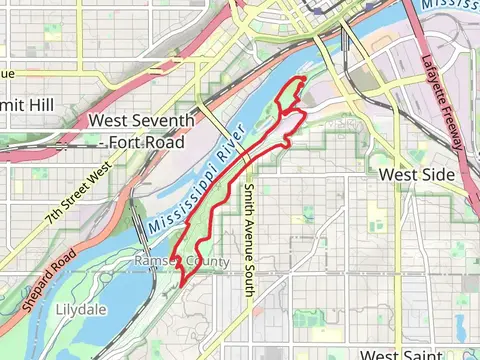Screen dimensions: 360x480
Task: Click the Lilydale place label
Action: [79, 308]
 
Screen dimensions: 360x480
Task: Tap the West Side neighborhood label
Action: [417, 174]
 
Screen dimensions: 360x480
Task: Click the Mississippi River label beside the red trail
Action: [197, 181]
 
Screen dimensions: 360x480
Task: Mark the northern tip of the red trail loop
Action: [297, 79]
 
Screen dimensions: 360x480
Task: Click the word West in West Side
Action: [399, 174]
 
